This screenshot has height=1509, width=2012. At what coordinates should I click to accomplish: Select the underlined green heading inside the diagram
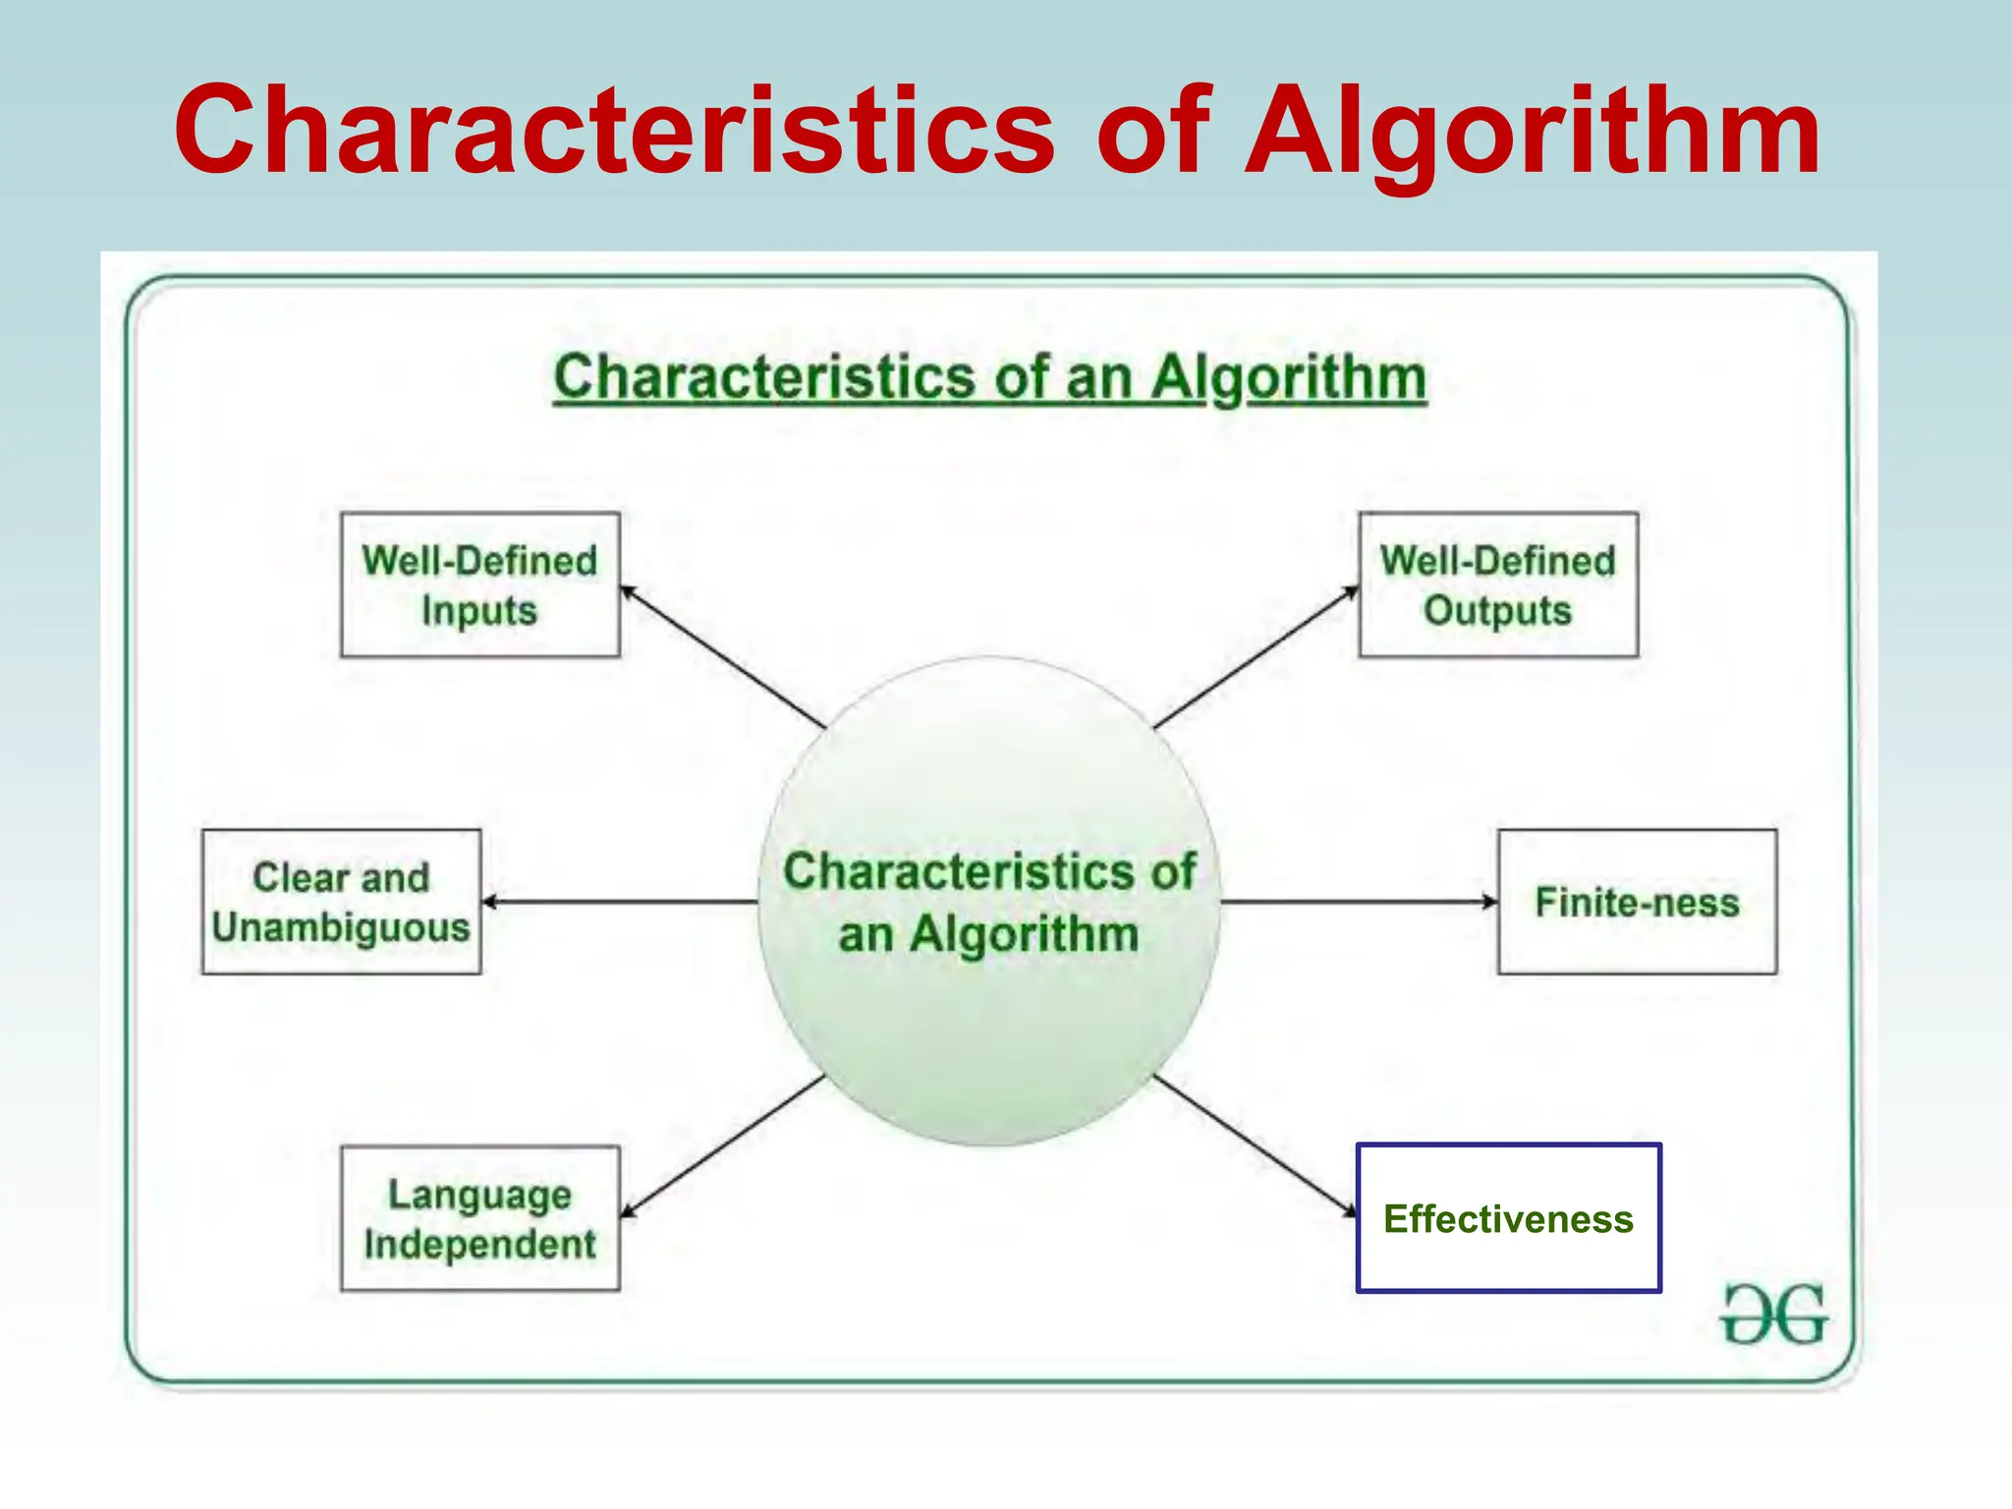tap(989, 377)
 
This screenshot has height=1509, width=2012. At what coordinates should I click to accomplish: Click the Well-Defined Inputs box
tap(479, 585)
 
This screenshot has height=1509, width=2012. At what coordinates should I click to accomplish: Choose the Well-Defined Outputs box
tap(1497, 585)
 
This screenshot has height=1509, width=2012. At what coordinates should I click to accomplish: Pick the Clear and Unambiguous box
tap(341, 902)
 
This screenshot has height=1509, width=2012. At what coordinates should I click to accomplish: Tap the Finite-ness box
tap(1637, 902)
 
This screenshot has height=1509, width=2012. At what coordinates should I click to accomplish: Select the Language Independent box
tap(479, 1218)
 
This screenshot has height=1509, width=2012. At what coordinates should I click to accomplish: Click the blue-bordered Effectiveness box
tap(1508, 1218)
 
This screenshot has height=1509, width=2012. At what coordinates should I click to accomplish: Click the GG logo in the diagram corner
tap(1773, 1314)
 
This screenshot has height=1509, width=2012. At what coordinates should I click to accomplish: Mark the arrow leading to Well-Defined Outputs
tap(1256, 657)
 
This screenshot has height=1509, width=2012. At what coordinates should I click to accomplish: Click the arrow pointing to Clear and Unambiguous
tap(619, 902)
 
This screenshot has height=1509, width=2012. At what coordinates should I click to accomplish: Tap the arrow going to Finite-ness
tap(1359, 902)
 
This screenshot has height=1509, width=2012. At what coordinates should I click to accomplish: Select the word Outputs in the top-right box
tap(1497, 611)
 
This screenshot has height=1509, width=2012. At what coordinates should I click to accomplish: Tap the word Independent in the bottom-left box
tap(479, 1245)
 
